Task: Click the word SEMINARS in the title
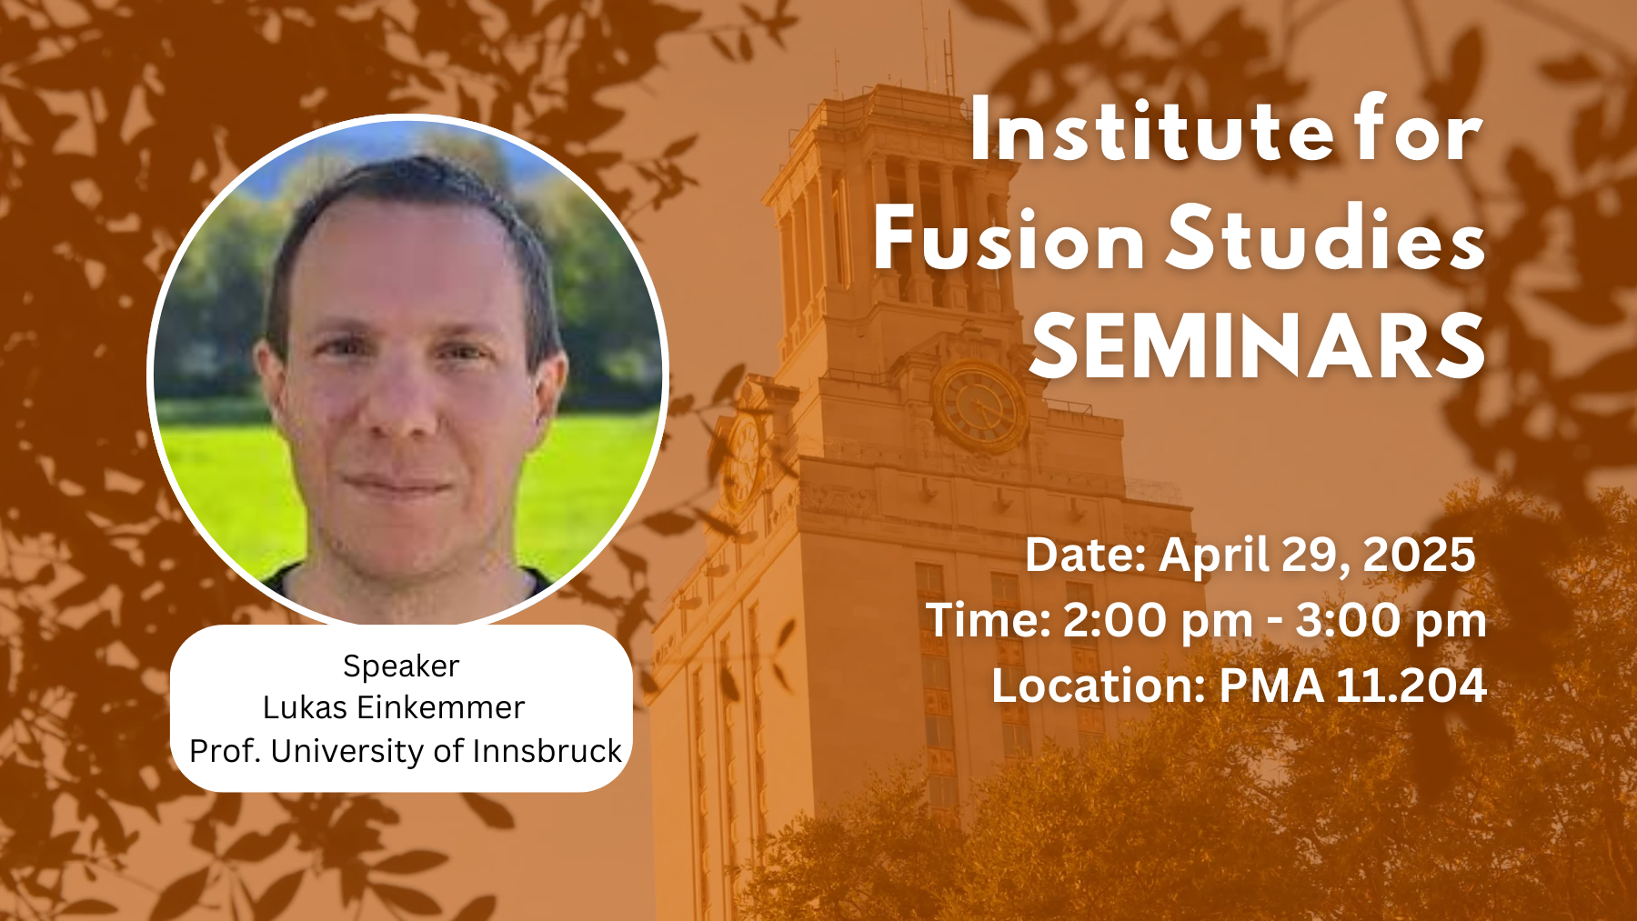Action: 1258,346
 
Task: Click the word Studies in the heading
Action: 1327,237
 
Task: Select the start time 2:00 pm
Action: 1158,622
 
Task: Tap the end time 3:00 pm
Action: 1391,622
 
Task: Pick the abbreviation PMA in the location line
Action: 1270,686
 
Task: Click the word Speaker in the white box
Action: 401,667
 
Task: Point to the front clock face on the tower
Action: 979,405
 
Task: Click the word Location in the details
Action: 1099,686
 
